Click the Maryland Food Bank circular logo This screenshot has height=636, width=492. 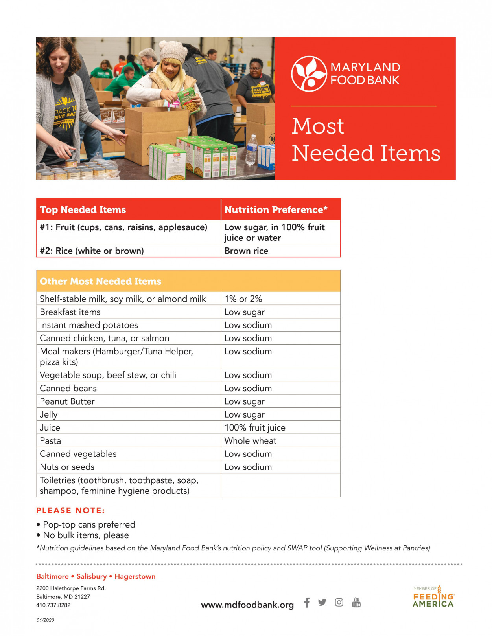(x=309, y=74)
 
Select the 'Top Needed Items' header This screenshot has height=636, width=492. (x=83, y=210)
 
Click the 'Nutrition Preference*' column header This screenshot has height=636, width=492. (x=276, y=210)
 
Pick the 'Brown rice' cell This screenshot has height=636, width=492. (x=246, y=251)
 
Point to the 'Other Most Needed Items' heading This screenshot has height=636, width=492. (x=100, y=281)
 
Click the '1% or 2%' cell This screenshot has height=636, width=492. (x=243, y=299)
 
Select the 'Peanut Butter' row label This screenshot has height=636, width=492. (x=67, y=401)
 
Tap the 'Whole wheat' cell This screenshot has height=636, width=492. (x=250, y=441)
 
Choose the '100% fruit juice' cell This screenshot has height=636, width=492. (x=255, y=428)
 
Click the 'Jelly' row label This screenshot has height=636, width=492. (x=49, y=415)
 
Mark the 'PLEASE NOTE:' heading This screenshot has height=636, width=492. (x=70, y=511)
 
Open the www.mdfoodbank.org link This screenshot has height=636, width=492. (x=247, y=605)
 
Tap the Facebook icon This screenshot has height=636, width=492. (x=307, y=603)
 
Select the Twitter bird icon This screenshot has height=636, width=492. (x=322, y=603)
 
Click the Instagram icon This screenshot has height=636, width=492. (x=339, y=603)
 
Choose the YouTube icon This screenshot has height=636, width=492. (x=356, y=603)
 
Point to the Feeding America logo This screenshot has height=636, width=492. (x=433, y=597)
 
